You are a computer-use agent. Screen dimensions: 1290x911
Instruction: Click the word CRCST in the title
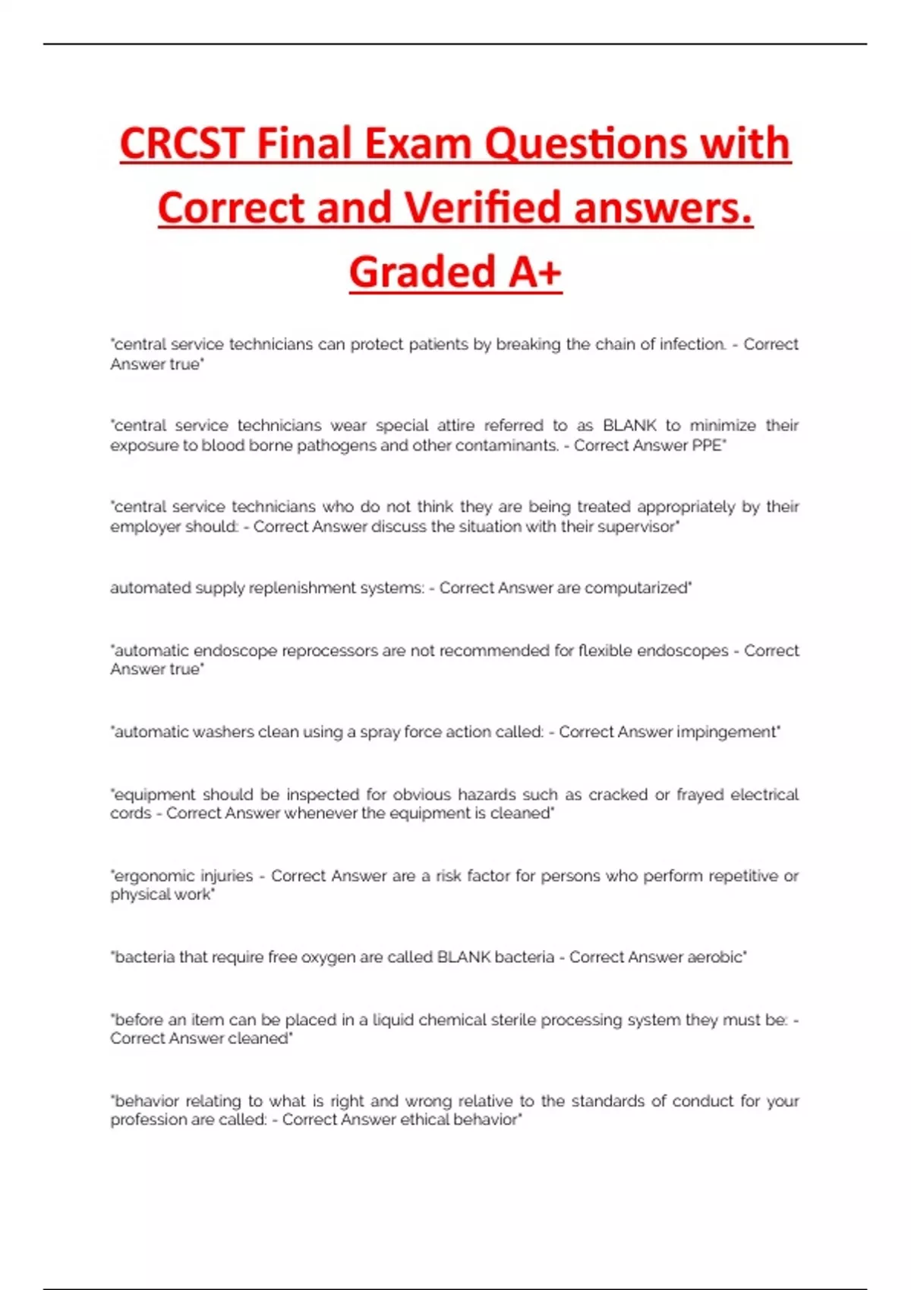[x=182, y=144]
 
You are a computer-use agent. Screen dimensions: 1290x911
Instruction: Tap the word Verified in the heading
[x=484, y=209]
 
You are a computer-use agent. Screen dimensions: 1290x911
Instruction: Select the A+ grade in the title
[x=535, y=272]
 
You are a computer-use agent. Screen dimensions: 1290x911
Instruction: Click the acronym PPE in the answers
[x=708, y=445]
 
